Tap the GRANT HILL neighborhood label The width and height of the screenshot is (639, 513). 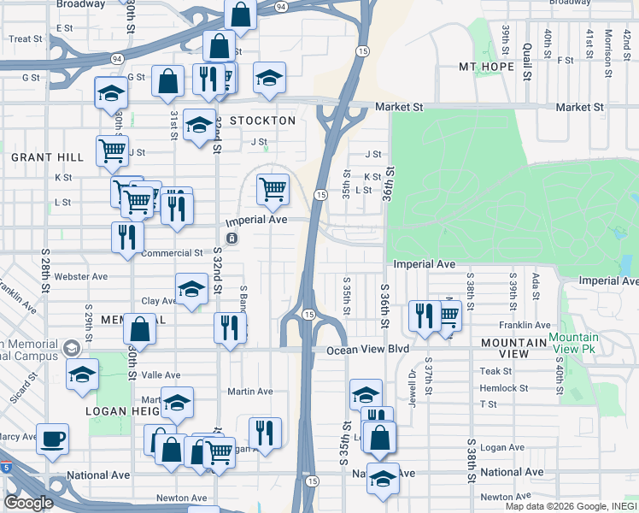[47, 157]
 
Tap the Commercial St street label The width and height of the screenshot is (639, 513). [172, 253]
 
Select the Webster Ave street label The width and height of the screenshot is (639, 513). [81, 277]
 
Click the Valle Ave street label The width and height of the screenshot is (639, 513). [161, 374]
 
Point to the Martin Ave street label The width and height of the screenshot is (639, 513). [249, 392]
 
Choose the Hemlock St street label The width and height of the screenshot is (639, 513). [503, 388]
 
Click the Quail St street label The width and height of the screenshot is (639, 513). [529, 39]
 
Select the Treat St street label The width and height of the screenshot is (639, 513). [26, 39]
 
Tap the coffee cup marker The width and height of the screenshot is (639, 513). [52, 439]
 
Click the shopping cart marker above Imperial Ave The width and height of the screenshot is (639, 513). [272, 187]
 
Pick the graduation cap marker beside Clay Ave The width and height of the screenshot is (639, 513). [191, 289]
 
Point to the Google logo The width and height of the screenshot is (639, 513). [28, 502]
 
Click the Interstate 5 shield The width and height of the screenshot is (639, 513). [6, 467]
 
